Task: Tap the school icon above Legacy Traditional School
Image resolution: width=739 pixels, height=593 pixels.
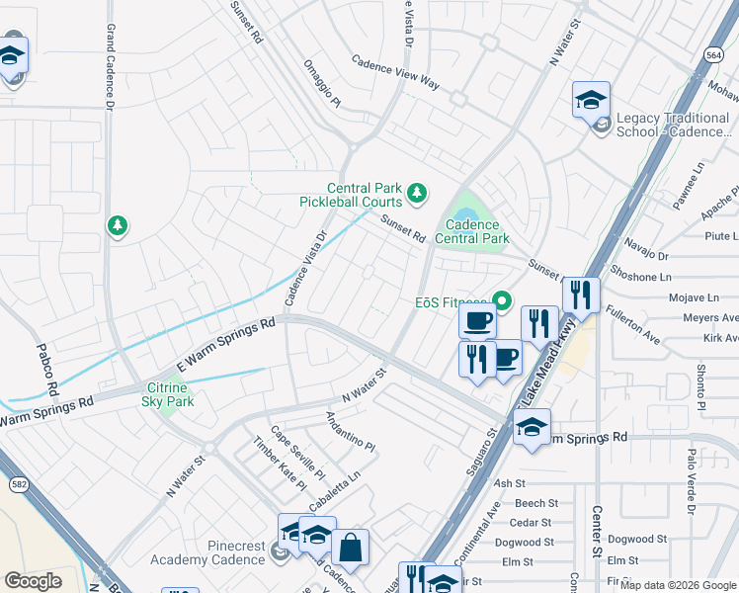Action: [x=591, y=100]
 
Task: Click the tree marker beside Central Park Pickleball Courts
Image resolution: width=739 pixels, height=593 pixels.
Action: [x=417, y=191]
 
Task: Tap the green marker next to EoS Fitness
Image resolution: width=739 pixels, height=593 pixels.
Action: [x=501, y=301]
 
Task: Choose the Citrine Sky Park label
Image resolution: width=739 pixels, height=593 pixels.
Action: [x=167, y=394]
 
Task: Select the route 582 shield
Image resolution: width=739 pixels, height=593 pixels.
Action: [x=19, y=484]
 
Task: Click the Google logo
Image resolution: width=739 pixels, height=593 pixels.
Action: [x=33, y=580]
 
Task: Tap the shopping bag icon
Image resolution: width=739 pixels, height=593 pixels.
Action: [x=350, y=547]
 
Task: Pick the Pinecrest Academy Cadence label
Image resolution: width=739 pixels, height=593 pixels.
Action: [x=206, y=552]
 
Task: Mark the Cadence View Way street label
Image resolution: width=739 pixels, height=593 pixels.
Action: [x=395, y=73]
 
